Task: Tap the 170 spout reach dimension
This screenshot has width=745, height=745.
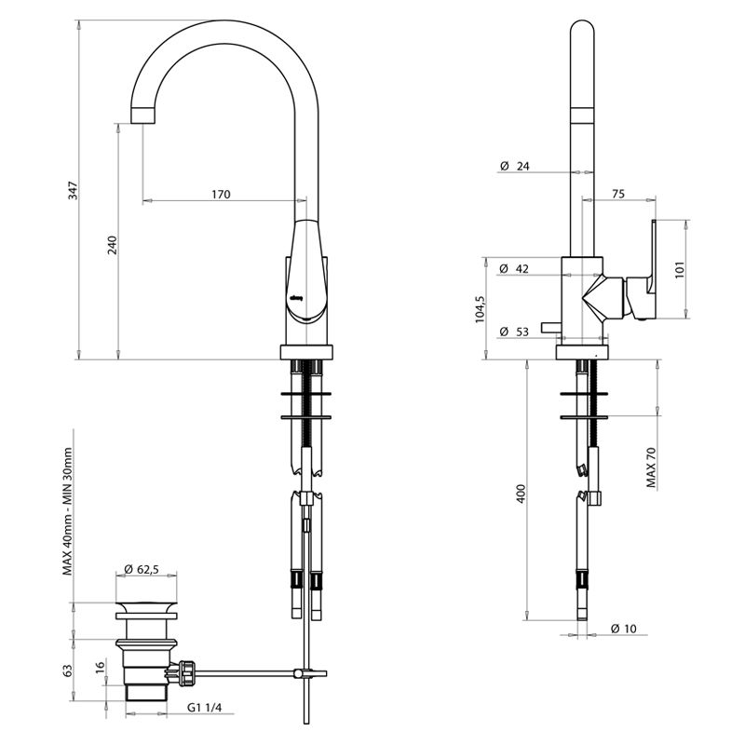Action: click(220, 195)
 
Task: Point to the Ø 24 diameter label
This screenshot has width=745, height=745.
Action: click(514, 166)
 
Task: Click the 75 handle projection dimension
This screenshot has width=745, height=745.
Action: click(618, 194)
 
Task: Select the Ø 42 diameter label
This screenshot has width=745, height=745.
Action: click(514, 268)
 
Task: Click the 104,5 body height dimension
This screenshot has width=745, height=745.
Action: click(480, 308)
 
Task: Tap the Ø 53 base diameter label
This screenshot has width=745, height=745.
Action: click(514, 332)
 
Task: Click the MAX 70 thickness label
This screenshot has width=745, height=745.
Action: click(651, 467)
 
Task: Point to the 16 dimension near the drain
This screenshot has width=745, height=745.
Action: click(100, 669)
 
